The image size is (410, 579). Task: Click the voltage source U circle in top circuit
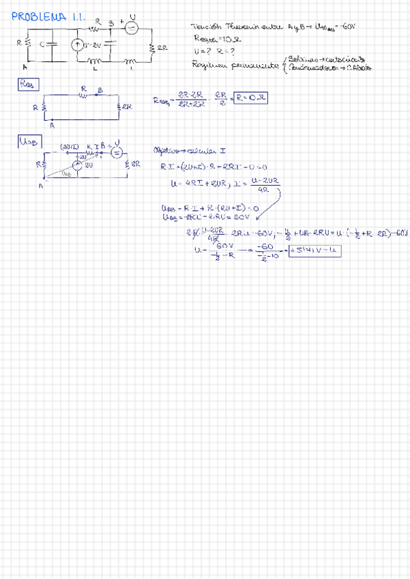point(132,29)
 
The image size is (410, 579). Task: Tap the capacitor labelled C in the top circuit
point(52,45)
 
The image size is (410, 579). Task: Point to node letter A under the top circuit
point(25,66)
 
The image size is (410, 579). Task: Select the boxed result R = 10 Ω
point(249,98)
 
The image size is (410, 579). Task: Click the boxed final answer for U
point(314,251)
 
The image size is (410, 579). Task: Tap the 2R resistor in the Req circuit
point(121,107)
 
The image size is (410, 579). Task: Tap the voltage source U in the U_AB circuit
point(115,152)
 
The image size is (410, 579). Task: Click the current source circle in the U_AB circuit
point(78,166)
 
